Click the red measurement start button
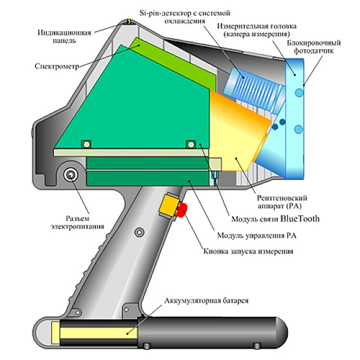[x=184, y=209]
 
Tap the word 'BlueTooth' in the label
[x=296, y=218]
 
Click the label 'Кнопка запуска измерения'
[x=248, y=251]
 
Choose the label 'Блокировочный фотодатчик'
[x=314, y=48]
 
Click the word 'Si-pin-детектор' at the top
[x=161, y=13]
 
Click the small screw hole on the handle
[x=139, y=232]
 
